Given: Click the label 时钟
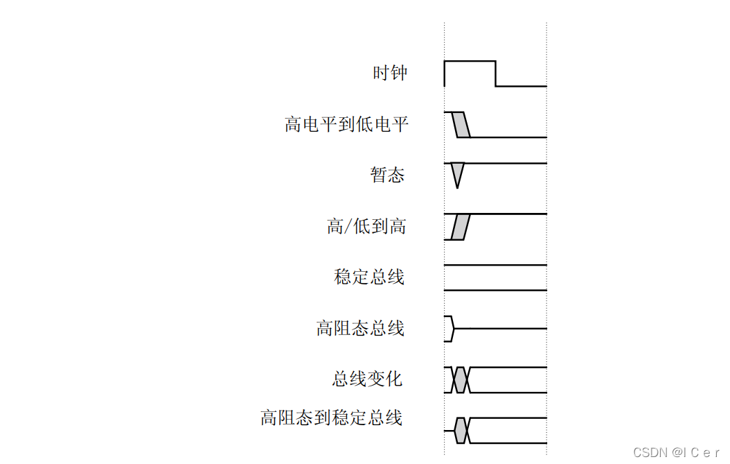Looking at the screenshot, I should (390, 73).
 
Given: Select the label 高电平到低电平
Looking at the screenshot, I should (346, 125).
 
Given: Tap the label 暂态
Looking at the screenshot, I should (387, 175).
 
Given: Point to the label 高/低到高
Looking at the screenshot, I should (366, 227).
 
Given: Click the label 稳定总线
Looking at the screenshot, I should (369, 277).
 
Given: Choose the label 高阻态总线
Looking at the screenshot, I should (360, 328).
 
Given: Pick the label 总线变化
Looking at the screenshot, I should (367, 379).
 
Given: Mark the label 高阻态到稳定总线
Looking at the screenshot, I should (331, 418).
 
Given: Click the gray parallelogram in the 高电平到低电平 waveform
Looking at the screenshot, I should (461, 124).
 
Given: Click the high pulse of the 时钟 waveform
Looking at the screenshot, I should (470, 62).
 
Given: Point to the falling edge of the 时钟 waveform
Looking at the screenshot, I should (496, 74).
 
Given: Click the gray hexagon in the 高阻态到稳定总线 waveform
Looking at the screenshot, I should (462, 431).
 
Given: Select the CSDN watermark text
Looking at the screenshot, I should (677, 452).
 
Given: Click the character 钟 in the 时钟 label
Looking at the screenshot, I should (399, 73).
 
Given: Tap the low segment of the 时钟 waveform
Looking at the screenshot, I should (521, 86).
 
